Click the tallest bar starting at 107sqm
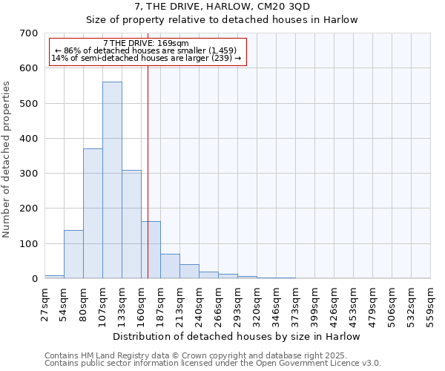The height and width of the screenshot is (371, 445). (112, 180)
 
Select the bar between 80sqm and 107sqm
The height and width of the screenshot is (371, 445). (93, 214)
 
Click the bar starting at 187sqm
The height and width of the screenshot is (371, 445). (170, 266)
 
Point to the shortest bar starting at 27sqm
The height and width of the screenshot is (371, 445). (54, 276)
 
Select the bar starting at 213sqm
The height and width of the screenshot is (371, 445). (189, 272)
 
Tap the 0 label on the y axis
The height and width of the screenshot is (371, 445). (34, 279)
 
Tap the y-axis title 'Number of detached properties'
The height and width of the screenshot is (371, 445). (7, 160)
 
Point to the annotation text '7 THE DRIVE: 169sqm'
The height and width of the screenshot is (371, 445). (146, 43)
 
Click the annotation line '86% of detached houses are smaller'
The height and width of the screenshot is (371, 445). (146, 50)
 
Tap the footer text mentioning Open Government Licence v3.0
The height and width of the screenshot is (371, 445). (213, 363)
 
